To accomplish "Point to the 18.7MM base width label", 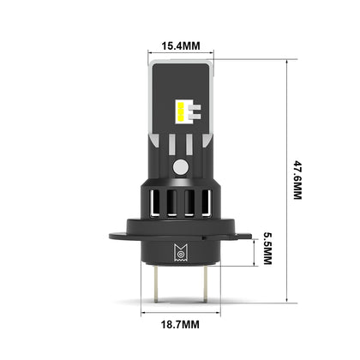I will [x=180, y=325].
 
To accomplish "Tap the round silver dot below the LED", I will [x=180, y=165].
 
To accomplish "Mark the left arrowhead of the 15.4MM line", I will [x=151, y=54].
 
